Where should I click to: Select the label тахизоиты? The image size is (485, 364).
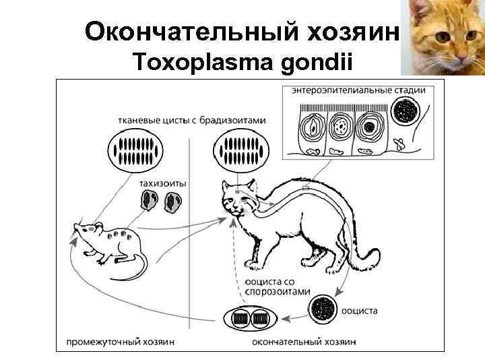click(163, 182)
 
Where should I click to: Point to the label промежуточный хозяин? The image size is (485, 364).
click(121, 342)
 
